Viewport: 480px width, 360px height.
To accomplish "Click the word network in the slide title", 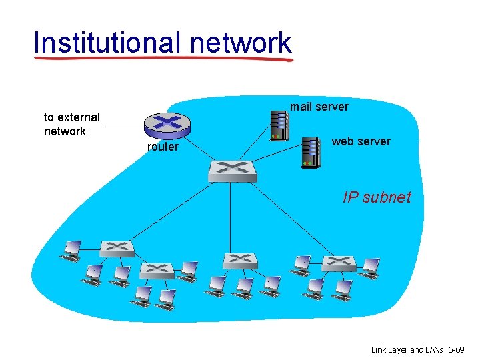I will tap(240, 43).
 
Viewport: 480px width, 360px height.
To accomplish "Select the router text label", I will tap(163, 147).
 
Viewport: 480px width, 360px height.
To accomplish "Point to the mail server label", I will tap(319, 107).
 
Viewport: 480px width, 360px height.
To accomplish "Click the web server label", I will tap(361, 141).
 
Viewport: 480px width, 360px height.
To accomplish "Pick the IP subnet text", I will tap(377, 197).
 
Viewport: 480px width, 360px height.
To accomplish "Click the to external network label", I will tap(71, 124).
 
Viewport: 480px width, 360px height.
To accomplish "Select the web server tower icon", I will tap(310, 151).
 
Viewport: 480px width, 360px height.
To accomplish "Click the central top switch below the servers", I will tap(231, 171).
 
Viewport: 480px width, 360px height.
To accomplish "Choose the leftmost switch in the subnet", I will tap(117, 249).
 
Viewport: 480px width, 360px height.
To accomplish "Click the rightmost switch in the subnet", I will tap(339, 263).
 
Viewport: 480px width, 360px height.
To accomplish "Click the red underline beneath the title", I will tap(163, 59).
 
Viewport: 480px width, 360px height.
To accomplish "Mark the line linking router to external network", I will tap(123, 127).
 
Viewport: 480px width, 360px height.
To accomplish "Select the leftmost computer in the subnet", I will tap(69, 251).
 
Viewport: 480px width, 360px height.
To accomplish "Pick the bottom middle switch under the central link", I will tap(240, 260).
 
